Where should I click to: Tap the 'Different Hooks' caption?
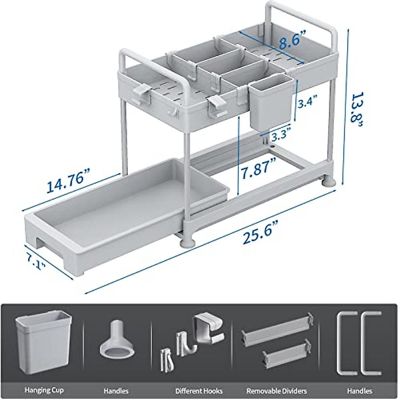coord(199,391)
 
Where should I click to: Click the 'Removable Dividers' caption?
coord(277,391)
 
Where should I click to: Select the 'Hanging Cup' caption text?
coord(44,390)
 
